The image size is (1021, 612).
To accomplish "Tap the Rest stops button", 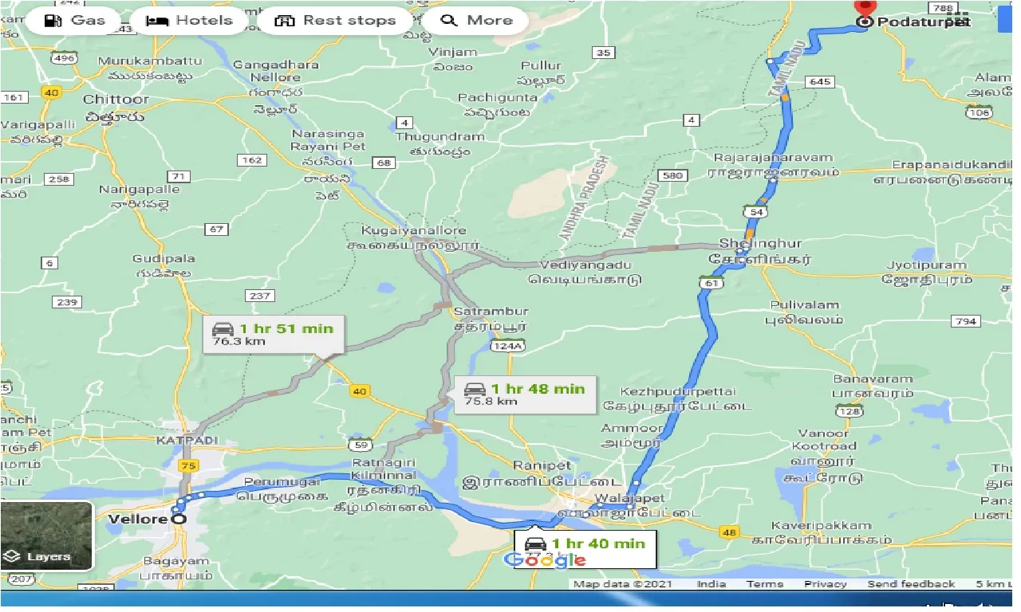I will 336,21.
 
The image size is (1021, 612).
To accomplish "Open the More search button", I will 475,21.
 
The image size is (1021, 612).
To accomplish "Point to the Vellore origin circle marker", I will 179,519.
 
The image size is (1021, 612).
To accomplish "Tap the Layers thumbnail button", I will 47,535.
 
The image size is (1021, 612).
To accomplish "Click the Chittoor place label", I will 116,100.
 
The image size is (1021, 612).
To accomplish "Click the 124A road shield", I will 510,347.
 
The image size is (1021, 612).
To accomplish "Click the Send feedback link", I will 911,584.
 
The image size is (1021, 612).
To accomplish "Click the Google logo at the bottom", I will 545,560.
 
